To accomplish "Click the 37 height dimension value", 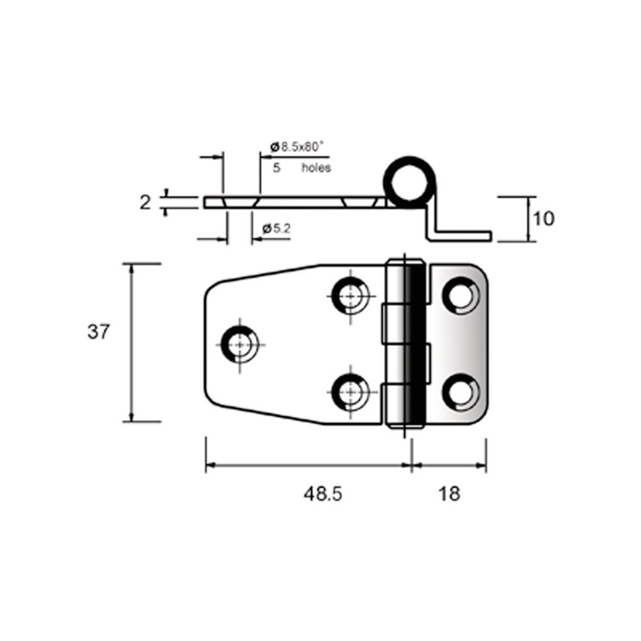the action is [99, 332].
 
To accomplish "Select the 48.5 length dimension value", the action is [323, 494].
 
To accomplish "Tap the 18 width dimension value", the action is [450, 494].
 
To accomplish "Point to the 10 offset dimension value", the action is [544, 219].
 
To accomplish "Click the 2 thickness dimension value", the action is [145, 203].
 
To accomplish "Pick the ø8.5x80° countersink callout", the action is [296, 147].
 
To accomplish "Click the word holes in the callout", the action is [316, 167].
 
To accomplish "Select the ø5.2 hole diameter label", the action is [276, 228].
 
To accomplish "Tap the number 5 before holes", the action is [276, 168].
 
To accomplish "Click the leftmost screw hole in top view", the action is [240, 345].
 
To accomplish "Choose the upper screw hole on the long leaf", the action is [350, 296].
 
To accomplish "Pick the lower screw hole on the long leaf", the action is [350, 392].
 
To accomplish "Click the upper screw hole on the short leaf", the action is [462, 296].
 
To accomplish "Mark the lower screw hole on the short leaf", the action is [462, 392].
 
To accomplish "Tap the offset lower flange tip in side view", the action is [491, 236].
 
